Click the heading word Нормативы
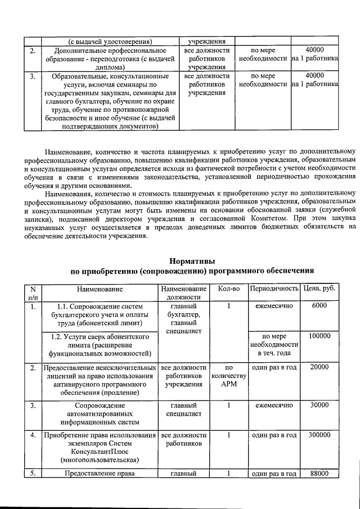191,261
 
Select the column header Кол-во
228,289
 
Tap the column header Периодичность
274,289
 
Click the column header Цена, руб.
319,289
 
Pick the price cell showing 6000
319,306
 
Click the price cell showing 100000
319,336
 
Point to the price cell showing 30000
319,405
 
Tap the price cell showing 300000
319,435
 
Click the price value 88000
319,474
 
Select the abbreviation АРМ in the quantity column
228,385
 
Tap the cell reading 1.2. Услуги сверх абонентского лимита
100,345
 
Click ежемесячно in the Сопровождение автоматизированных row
274,405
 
